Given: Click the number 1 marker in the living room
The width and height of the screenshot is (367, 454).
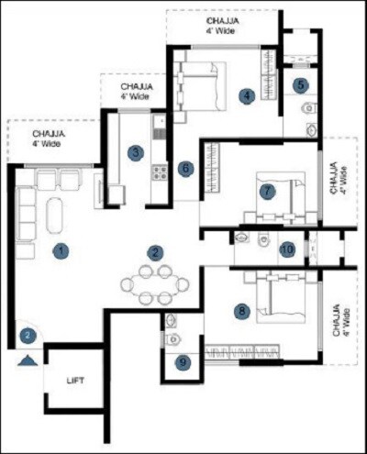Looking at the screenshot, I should (61, 249).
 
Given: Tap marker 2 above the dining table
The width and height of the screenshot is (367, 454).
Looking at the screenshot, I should (156, 251).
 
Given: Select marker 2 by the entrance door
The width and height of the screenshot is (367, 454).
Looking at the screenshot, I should (28, 337).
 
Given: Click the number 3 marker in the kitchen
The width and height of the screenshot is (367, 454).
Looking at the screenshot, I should (135, 152).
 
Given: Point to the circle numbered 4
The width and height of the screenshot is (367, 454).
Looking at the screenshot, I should (247, 94).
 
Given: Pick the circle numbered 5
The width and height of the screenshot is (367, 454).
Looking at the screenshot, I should (301, 85).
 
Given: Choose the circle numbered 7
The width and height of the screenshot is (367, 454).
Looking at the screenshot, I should (267, 192).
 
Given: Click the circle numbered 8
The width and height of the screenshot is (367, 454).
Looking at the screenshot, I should (242, 312).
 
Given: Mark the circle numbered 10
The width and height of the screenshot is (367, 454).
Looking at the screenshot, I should (287, 249).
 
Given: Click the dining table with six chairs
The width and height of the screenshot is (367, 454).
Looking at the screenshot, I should (154, 283).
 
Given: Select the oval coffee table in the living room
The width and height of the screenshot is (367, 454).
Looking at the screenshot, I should (54, 216).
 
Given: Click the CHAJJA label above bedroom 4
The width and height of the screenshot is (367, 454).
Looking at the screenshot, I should (224, 22).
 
